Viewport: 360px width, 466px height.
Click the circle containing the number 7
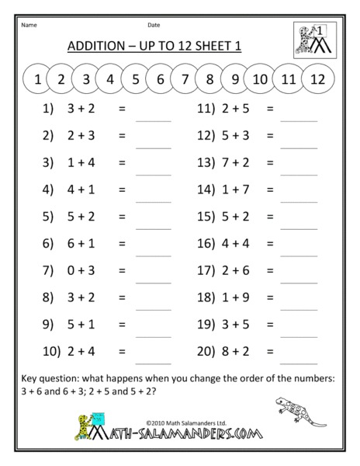pyautogui.click(x=184, y=78)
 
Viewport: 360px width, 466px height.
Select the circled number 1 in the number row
pyautogui.click(x=37, y=78)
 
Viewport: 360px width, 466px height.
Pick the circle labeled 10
pyautogui.click(x=260, y=78)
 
